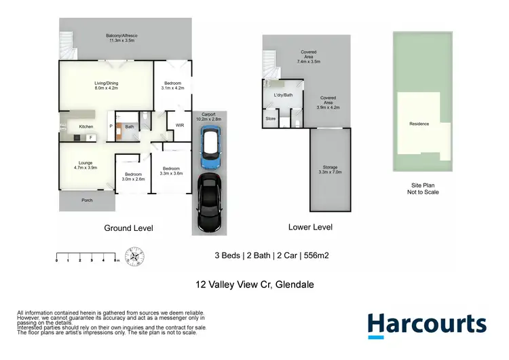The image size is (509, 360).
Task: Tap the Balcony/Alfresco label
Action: [x=122, y=38]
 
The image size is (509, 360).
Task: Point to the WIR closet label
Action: [x=180, y=126]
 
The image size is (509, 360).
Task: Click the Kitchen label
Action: [x=86, y=127]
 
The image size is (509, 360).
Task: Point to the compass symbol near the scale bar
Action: [x=136, y=258]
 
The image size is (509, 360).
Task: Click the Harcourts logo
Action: [x=426, y=324]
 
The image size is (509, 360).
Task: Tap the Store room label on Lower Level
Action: [x=271, y=119]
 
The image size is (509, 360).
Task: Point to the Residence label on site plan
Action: [x=419, y=124]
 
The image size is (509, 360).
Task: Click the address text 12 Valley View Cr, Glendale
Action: [x=254, y=285]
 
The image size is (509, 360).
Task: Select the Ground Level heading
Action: [x=128, y=228]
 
